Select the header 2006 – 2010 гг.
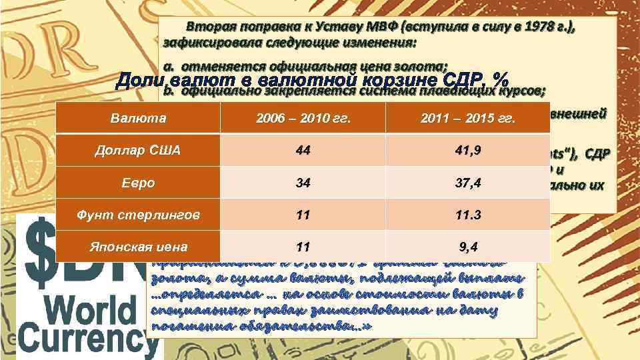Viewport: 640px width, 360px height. click(x=303, y=119)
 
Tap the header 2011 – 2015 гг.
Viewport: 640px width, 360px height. click(x=468, y=119)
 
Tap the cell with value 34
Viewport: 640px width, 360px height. click(x=303, y=183)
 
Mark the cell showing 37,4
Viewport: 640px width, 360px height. click(x=468, y=183)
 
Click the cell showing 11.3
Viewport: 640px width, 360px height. click(x=468, y=215)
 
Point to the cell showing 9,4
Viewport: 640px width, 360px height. click(x=468, y=247)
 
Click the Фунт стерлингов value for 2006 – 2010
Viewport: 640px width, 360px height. click(x=303, y=215)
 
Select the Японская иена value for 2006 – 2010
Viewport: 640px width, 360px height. click(x=303, y=247)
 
